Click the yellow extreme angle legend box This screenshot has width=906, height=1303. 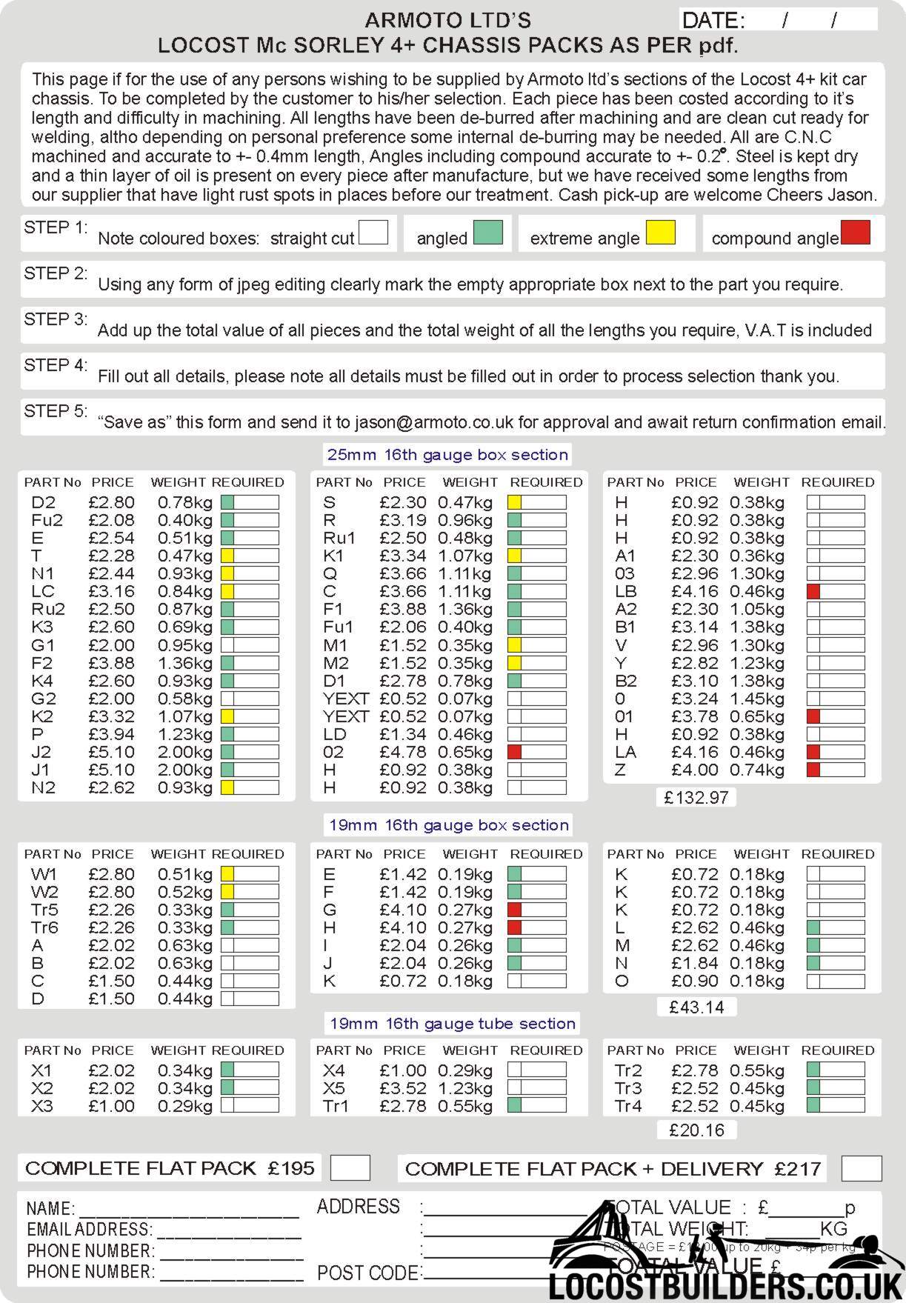tap(660, 233)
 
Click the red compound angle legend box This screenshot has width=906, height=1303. tap(855, 233)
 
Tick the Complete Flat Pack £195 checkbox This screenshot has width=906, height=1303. tap(350, 1168)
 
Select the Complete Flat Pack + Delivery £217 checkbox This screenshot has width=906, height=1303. tap(862, 1168)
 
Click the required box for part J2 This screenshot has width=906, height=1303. tap(250, 752)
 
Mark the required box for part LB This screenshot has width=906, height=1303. tap(836, 591)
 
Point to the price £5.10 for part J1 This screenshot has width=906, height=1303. tap(111, 770)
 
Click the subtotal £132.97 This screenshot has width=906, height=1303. tap(696, 798)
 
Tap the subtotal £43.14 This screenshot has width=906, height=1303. tap(696, 1007)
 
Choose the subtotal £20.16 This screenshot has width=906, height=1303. tap(696, 1130)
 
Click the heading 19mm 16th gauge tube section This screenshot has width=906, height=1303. tap(452, 1024)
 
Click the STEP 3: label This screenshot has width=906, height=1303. tap(56, 319)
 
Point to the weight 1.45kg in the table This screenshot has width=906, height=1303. tap(756, 699)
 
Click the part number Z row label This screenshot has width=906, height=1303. tap(621, 770)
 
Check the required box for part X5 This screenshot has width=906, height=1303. tap(537, 1088)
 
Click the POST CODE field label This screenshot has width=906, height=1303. tap(367, 1273)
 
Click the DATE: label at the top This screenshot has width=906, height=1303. tap(713, 20)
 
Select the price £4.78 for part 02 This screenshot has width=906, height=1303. tap(403, 752)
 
